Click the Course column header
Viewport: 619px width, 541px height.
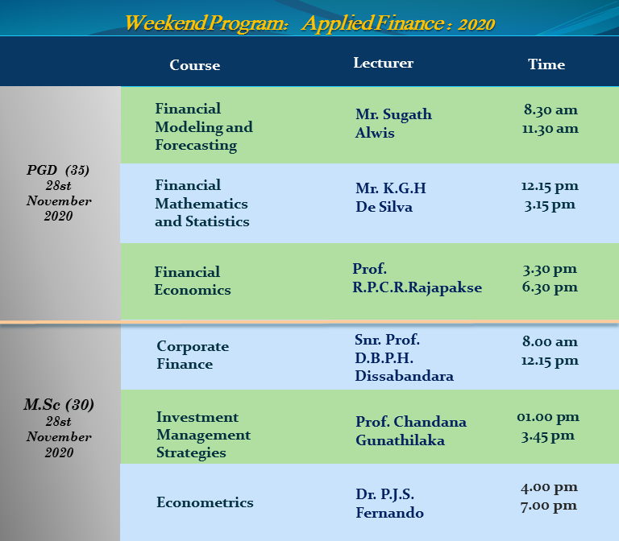point(194,65)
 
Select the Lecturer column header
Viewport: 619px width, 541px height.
point(384,63)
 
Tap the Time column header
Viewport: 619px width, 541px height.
point(546,64)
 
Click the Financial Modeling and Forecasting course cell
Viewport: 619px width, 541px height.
point(204,127)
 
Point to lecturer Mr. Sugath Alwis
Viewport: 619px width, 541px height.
point(393,123)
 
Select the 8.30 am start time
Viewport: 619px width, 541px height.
point(550,109)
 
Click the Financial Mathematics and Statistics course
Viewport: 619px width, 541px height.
point(201,204)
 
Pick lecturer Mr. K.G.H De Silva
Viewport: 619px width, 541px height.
point(391,197)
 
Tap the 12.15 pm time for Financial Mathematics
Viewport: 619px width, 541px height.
point(550,186)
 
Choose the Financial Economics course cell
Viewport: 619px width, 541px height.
point(193,281)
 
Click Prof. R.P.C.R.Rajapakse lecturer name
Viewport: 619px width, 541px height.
point(417,279)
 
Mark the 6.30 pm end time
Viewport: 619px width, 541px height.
point(550,287)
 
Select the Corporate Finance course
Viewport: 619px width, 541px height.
point(193,355)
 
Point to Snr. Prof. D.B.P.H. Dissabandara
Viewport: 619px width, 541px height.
point(404,357)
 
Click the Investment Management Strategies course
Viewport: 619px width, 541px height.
point(203,435)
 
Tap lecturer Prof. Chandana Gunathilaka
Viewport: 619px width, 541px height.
point(411,431)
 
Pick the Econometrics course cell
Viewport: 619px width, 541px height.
point(205,502)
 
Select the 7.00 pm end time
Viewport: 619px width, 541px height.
point(549,506)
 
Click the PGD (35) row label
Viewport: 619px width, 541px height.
point(58,170)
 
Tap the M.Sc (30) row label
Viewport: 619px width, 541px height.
point(59,405)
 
